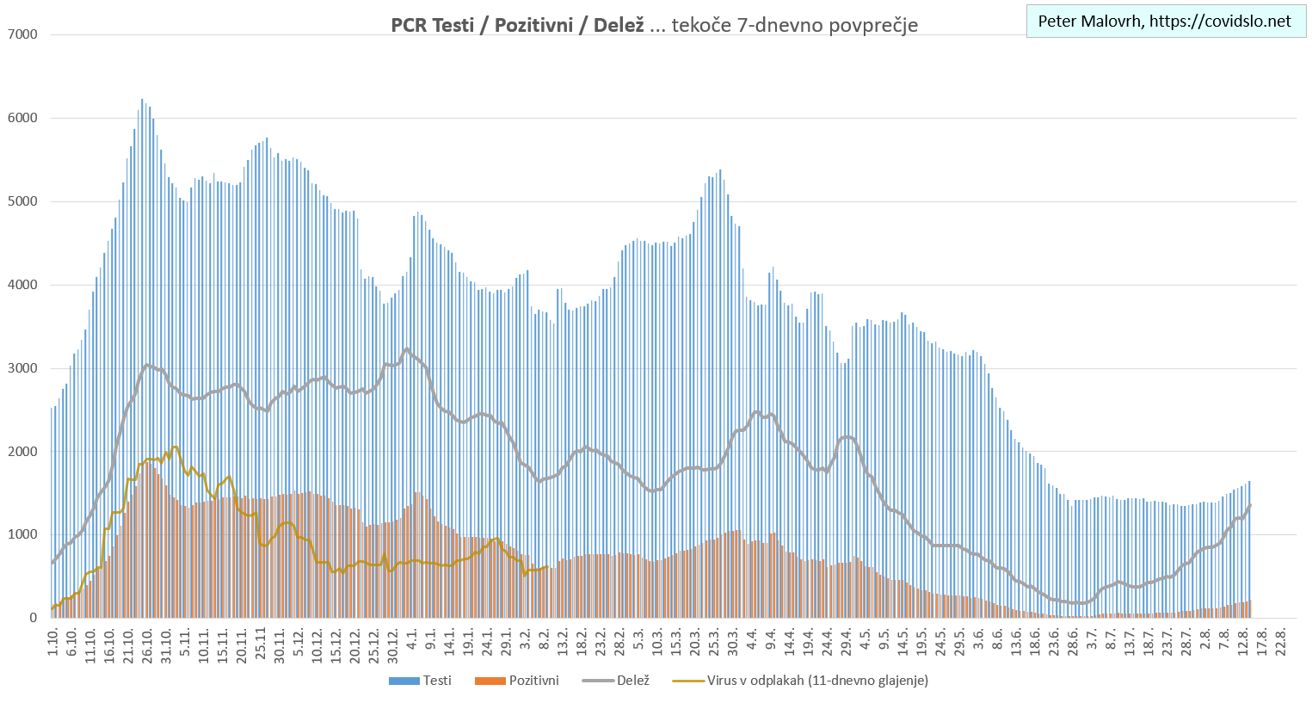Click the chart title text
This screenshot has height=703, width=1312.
point(654,25)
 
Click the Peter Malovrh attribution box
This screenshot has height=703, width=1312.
point(1165,22)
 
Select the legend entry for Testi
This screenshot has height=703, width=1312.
point(421,681)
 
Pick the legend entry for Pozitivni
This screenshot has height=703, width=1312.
point(517,681)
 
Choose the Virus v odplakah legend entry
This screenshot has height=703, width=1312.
point(800,681)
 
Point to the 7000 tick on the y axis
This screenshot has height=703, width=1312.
point(22,34)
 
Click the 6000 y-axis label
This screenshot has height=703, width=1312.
point(22,118)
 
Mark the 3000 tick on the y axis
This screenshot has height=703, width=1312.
point(22,368)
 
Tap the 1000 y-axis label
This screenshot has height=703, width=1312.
point(22,534)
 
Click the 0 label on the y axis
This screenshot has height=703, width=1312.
point(34,618)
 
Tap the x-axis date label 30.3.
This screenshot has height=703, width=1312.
point(733,644)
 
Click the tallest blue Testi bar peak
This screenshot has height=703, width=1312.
point(142,100)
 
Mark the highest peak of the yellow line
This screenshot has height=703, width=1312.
point(175,447)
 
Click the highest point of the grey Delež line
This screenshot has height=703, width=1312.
point(407,348)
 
